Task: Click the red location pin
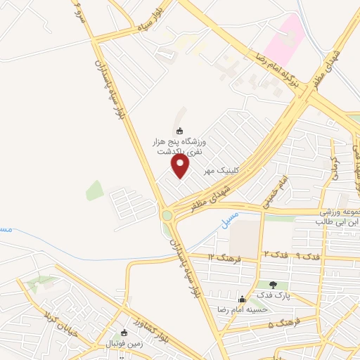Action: click(x=181, y=166)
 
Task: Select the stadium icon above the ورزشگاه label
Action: click(x=179, y=130)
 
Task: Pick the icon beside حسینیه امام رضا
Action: click(x=243, y=299)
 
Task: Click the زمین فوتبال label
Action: click(x=124, y=344)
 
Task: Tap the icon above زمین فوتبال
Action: click(x=124, y=333)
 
